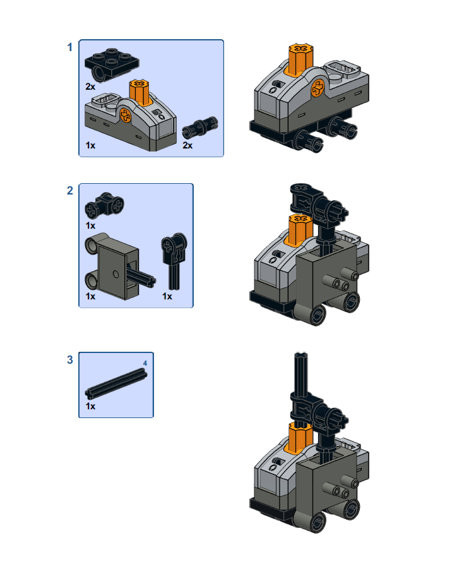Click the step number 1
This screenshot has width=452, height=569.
[70, 47]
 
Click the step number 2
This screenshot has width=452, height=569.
[70, 191]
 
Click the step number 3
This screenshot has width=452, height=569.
[70, 360]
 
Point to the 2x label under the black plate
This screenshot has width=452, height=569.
[91, 85]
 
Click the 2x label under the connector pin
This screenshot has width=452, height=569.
[187, 145]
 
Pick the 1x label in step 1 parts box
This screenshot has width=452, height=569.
[91, 145]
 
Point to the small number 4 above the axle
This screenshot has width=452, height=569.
[145, 363]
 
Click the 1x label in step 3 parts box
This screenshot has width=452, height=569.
[91, 406]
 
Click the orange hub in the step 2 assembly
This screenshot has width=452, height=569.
[300, 228]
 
